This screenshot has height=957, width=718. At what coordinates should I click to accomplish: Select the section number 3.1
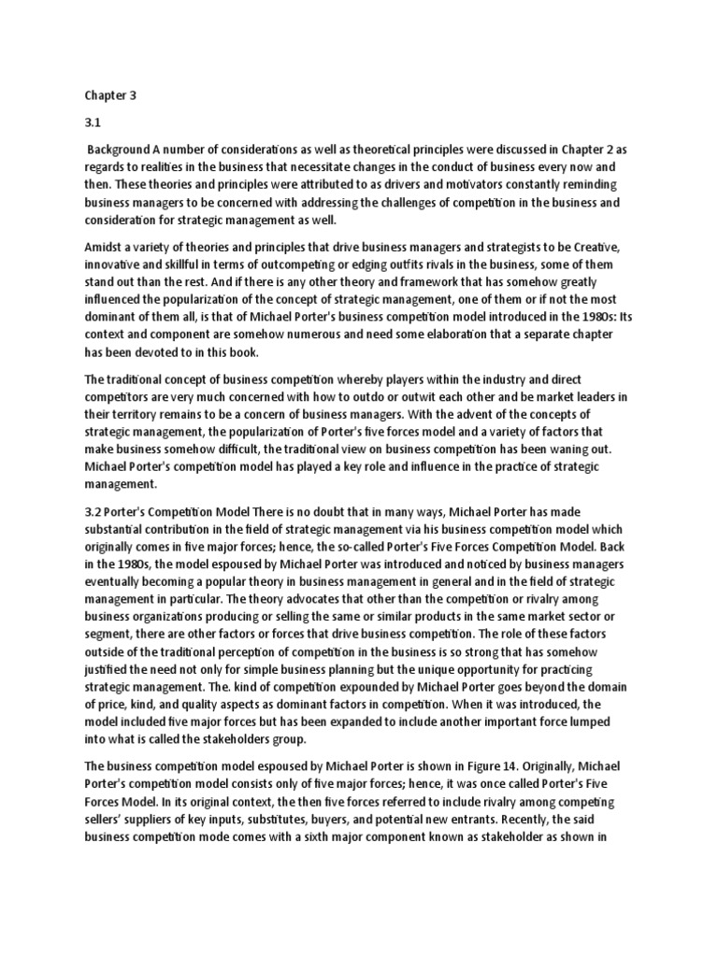click(93, 122)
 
